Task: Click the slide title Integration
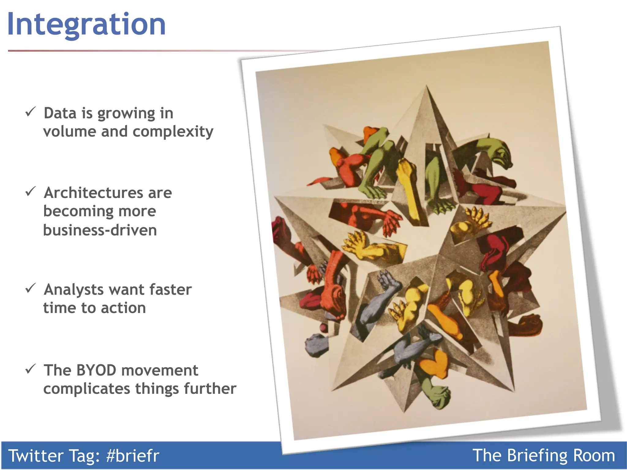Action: tap(86, 24)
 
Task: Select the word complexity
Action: tap(173, 132)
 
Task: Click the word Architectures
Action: tap(93, 193)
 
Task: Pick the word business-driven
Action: tap(100, 230)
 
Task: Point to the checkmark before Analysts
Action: tap(31, 288)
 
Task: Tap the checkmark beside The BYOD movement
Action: tap(31, 369)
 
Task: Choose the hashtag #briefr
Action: tap(133, 456)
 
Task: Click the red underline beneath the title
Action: tap(122, 51)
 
